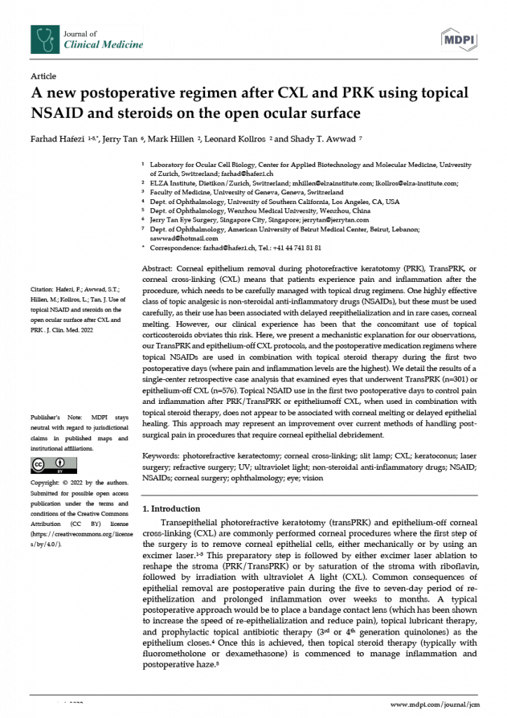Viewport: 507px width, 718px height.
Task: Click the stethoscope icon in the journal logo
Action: [45, 39]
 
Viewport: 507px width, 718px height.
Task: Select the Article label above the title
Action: [43, 75]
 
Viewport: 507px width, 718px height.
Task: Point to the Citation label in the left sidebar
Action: [43, 287]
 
